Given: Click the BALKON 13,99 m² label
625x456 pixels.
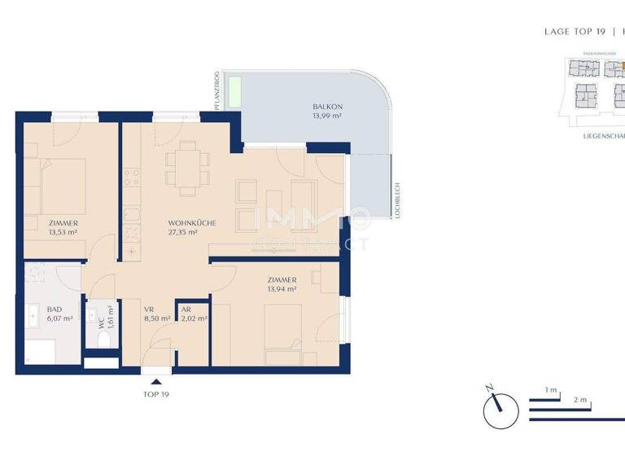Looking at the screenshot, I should coord(326,112).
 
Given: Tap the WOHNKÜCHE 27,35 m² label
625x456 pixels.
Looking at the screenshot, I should coord(192,227).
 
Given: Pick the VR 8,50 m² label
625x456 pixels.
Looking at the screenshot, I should coord(156,314).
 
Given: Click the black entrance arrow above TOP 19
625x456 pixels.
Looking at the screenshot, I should coord(156,380).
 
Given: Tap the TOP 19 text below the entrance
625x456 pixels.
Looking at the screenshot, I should coord(156,394).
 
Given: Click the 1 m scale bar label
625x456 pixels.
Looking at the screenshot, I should coord(551,392).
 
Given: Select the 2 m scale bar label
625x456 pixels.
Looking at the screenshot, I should coord(580,401).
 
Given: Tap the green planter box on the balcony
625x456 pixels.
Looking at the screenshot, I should coord(234,90).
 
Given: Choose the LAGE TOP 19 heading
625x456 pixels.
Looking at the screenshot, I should coord(575,32).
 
